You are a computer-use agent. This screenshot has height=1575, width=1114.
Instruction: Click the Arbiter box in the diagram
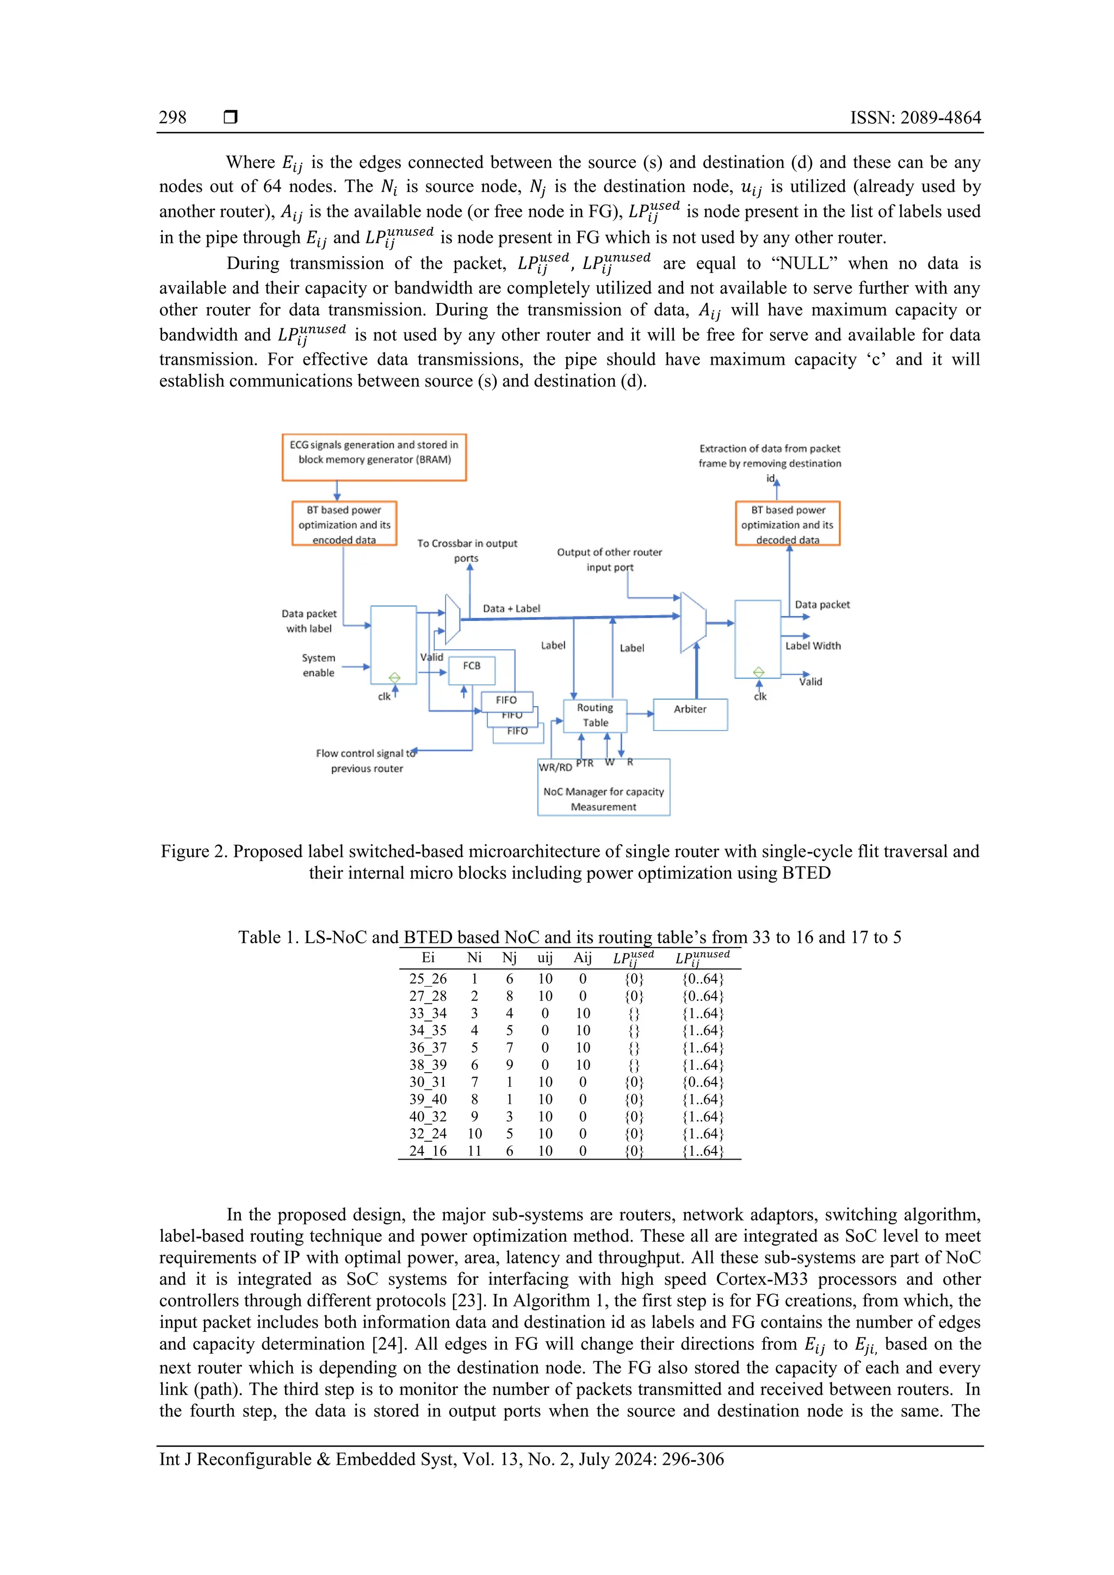click(x=690, y=714)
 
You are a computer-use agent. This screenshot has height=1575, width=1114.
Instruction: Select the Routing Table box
click(x=595, y=715)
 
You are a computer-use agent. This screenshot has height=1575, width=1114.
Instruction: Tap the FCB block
click(x=472, y=669)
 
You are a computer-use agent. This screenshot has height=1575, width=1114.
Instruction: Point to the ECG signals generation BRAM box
click(x=374, y=457)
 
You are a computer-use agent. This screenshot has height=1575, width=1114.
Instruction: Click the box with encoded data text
click(x=344, y=524)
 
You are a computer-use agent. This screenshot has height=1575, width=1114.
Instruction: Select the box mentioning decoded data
click(x=787, y=524)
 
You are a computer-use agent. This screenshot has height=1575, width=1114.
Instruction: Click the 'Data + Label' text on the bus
click(x=511, y=608)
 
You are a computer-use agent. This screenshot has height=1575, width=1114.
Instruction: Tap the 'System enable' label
click(x=319, y=665)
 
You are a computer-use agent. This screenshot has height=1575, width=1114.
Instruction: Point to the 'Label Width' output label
click(x=813, y=645)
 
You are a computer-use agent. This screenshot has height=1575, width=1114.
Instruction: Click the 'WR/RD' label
click(x=555, y=767)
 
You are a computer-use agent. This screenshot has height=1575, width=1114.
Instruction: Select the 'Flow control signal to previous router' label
click(x=366, y=761)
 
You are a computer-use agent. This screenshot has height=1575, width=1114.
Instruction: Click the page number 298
click(x=172, y=117)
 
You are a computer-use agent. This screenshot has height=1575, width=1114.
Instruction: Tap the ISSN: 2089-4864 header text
click(x=915, y=117)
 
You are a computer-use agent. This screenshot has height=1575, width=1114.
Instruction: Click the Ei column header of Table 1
click(x=428, y=957)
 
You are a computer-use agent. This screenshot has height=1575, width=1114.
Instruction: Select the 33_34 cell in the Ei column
click(x=428, y=1013)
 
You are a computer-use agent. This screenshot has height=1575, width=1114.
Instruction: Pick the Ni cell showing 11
click(x=474, y=1151)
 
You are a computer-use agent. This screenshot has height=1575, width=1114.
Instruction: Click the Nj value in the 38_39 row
click(x=509, y=1064)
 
